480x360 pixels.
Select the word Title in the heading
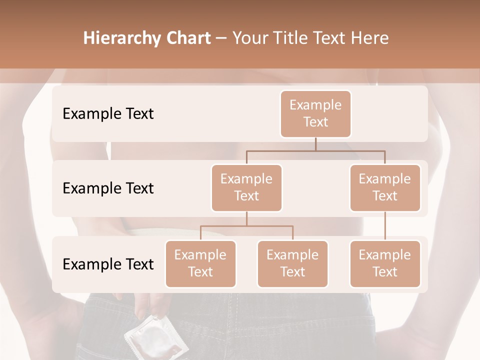pyautogui.click(x=291, y=38)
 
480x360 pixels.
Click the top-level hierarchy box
pyautogui.click(x=315, y=114)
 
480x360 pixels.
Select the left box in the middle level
pyautogui.click(x=246, y=188)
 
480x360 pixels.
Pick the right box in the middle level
pyautogui.click(x=385, y=188)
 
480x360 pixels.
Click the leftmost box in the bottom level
pyautogui.click(x=200, y=264)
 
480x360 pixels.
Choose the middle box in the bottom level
pyautogui.click(x=292, y=264)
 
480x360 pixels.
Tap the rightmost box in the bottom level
pyautogui.click(x=385, y=264)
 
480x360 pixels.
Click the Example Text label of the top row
pyautogui.click(x=108, y=114)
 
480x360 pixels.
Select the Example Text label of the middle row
pyautogui.click(x=108, y=188)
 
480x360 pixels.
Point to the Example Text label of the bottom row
pyautogui.click(x=108, y=264)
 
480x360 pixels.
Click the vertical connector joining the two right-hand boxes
pyautogui.click(x=385, y=226)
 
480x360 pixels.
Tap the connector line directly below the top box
pyautogui.click(x=315, y=144)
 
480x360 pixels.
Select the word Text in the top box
pyautogui.click(x=315, y=122)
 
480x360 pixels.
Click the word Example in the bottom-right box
pyautogui.click(x=385, y=255)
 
